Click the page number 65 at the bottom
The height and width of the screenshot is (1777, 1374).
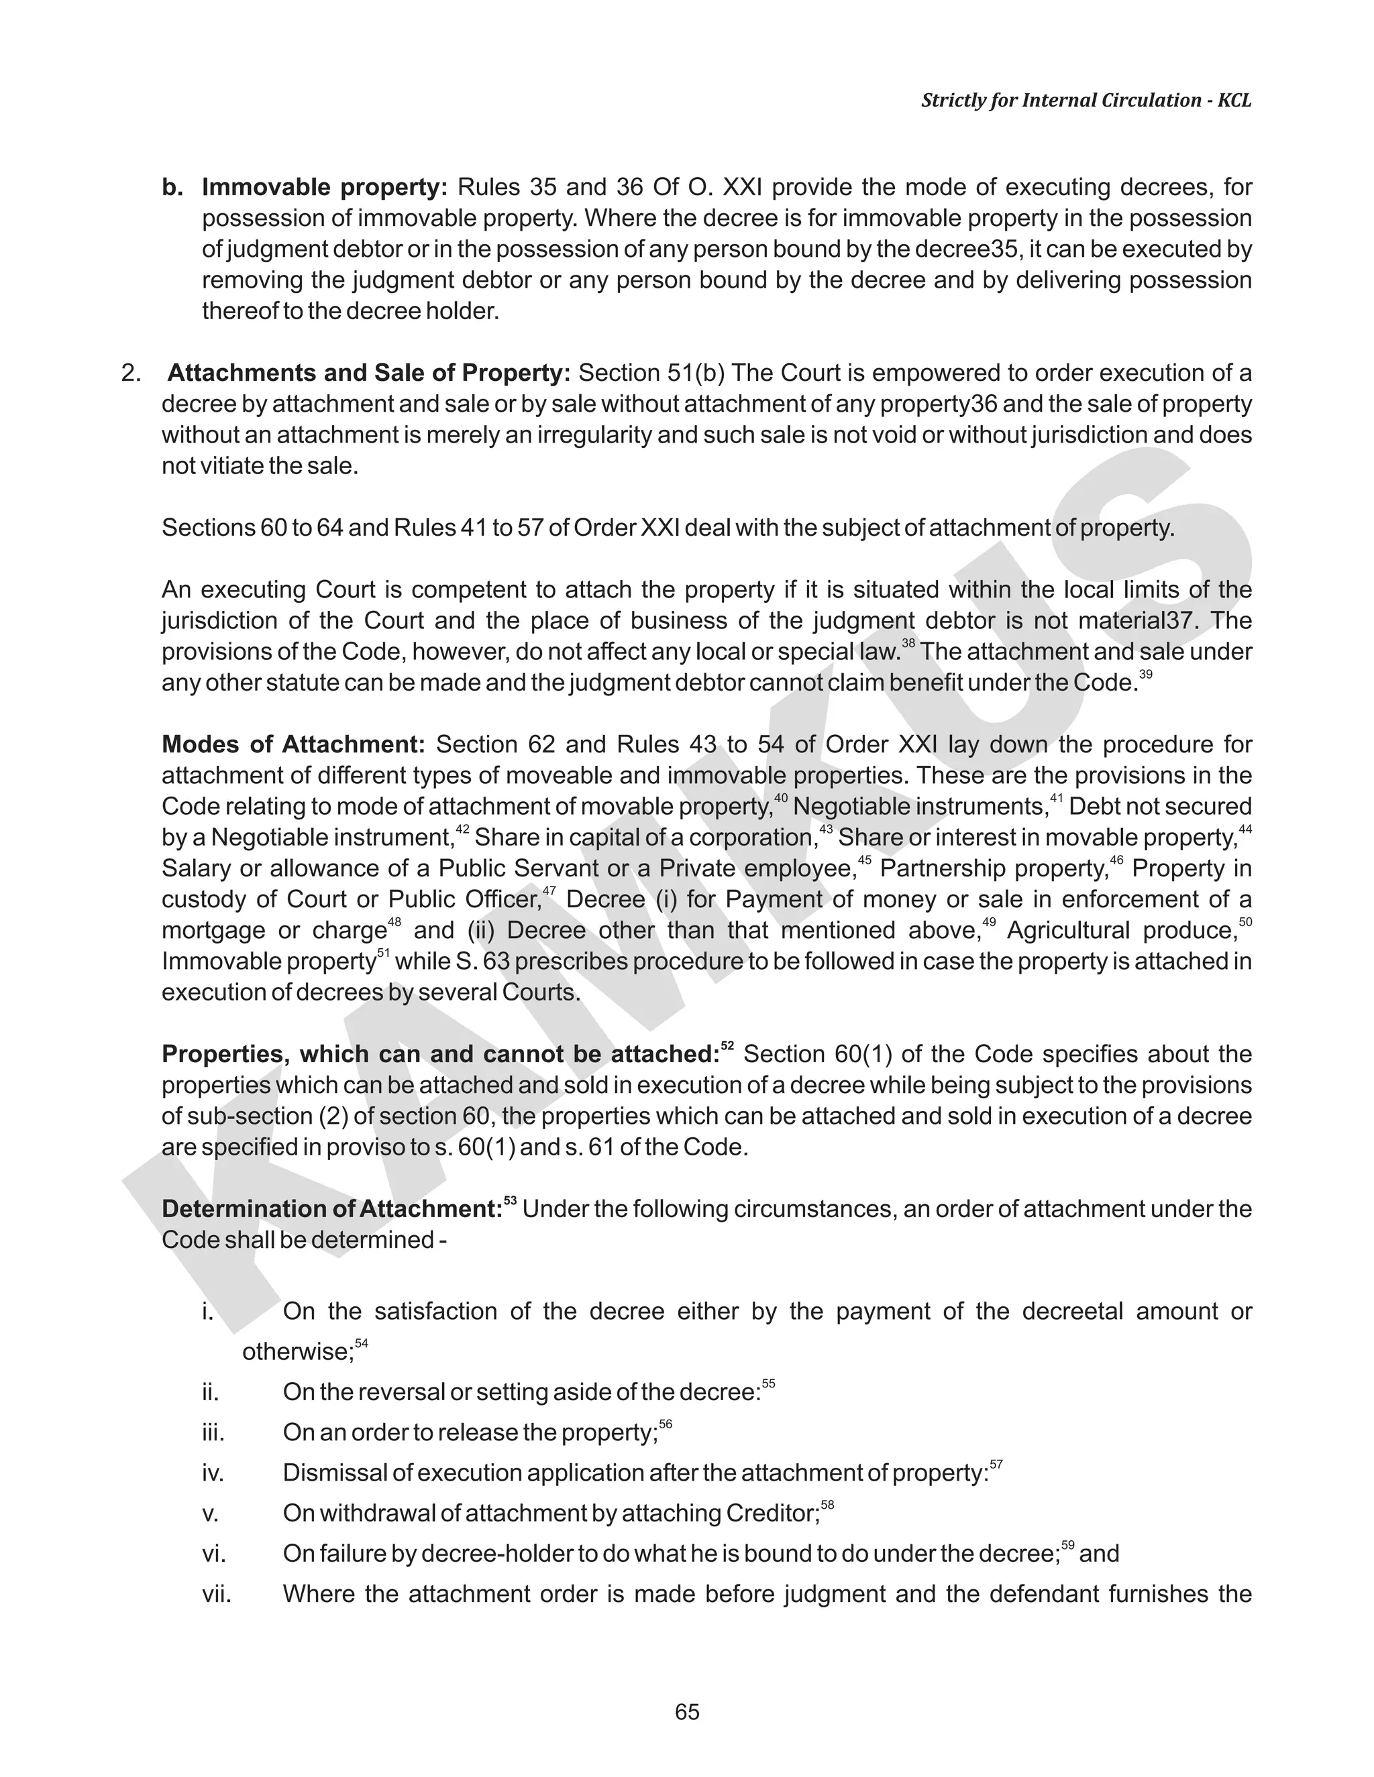click(x=687, y=1712)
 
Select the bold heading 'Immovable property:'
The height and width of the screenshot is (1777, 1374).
click(x=325, y=188)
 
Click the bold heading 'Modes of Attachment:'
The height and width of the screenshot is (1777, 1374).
click(x=294, y=744)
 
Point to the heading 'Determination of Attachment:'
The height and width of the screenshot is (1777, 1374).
click(x=332, y=1209)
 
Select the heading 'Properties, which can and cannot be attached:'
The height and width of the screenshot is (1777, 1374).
click(x=439, y=1055)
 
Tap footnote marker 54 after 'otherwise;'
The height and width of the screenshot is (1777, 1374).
click(x=362, y=1343)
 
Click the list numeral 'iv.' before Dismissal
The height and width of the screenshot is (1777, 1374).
click(x=213, y=1473)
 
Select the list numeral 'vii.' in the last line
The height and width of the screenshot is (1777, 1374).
click(x=217, y=1594)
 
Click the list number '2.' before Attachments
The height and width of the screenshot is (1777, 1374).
click(x=131, y=374)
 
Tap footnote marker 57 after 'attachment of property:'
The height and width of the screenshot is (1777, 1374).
click(x=996, y=1465)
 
